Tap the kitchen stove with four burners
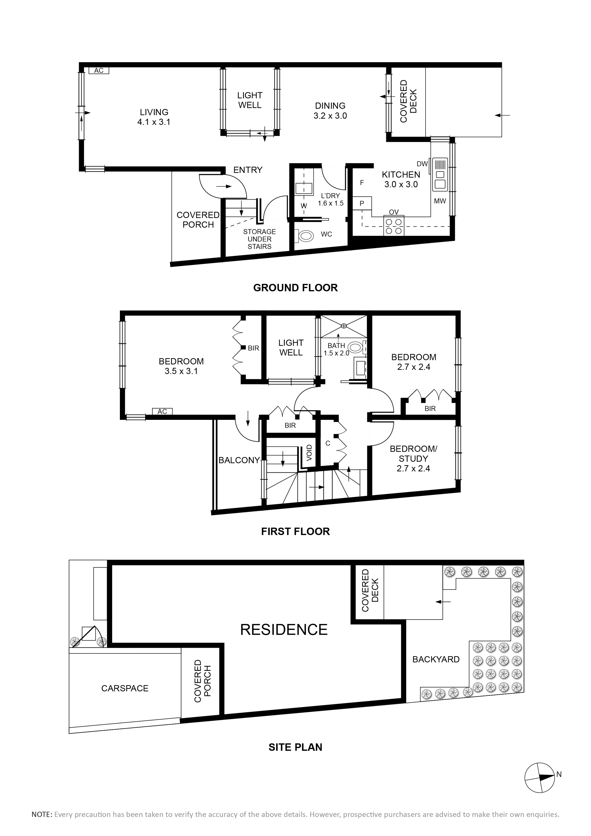[x=394, y=226]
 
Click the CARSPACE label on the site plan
[x=125, y=688]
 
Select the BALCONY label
[x=239, y=460]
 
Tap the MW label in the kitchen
[x=440, y=201]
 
